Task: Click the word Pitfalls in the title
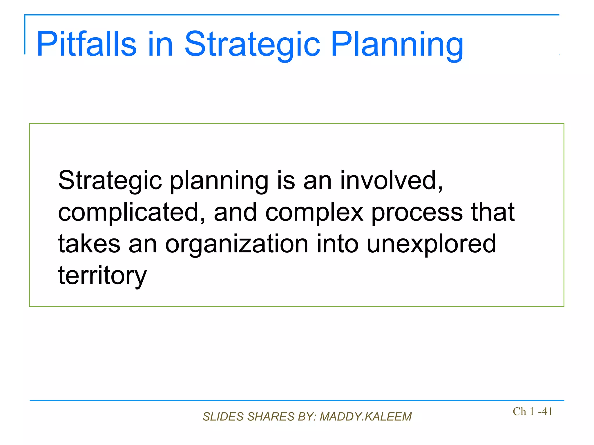tap(86, 44)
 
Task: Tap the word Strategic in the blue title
tap(252, 44)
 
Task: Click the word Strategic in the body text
tap(110, 181)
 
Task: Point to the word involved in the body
tap(391, 181)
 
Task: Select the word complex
tap(314, 212)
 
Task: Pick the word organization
tap(236, 244)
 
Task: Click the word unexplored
tap(431, 244)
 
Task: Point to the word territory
tap(102, 276)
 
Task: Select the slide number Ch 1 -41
tap(533, 411)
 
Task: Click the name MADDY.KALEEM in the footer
tap(365, 417)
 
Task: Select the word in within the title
tap(160, 44)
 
